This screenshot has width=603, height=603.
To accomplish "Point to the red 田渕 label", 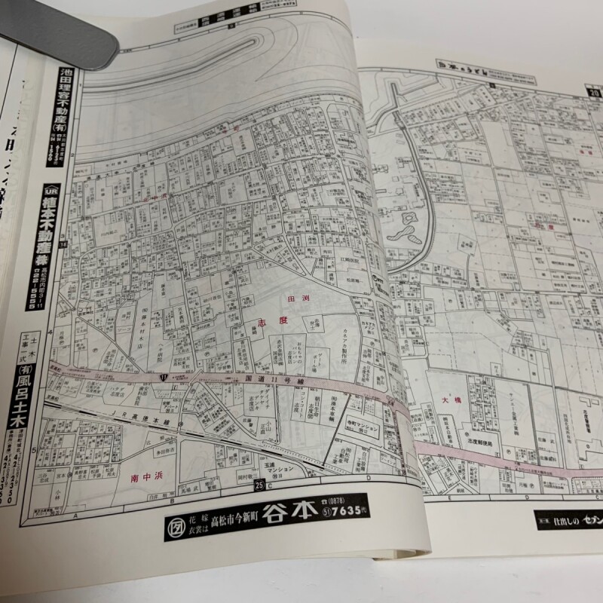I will point(300,299).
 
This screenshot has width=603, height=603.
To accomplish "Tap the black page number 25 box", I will point(260,484).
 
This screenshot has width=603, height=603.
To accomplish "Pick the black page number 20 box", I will point(595,93).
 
